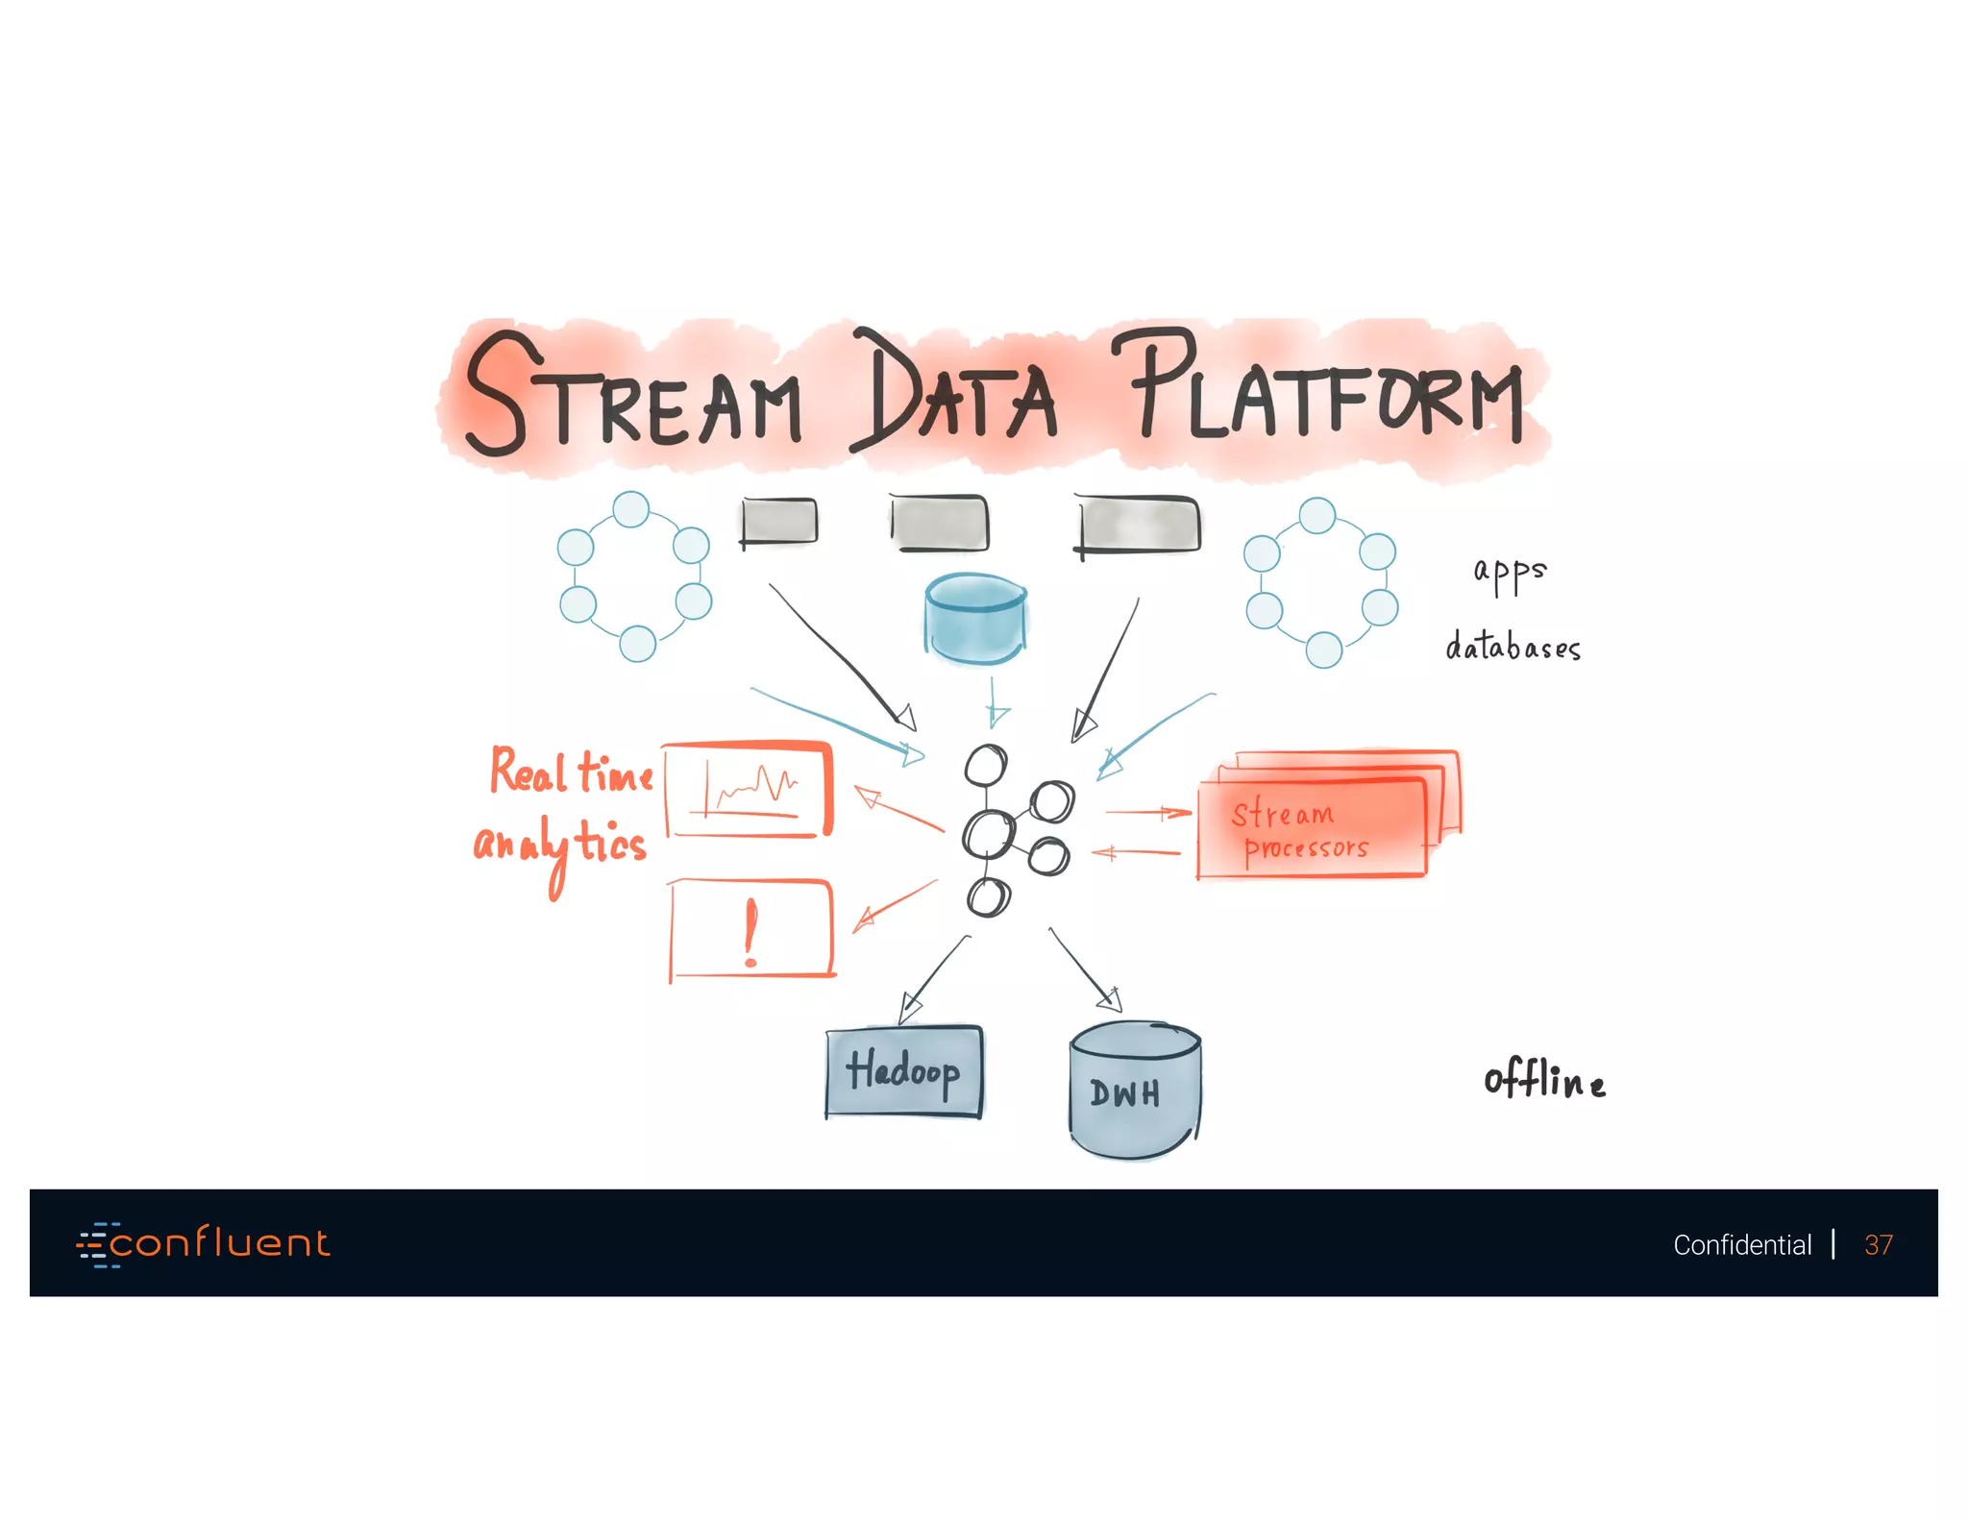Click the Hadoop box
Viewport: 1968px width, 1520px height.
(x=903, y=1071)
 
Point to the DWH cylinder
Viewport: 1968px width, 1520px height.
(x=1135, y=1091)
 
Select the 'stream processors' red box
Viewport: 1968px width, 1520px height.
(x=1312, y=828)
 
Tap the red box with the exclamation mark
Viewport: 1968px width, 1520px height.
(x=750, y=930)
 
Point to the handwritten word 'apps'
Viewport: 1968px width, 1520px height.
(x=1510, y=573)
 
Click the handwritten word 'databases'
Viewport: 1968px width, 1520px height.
(x=1513, y=647)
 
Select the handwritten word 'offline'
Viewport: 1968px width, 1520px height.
(x=1544, y=1080)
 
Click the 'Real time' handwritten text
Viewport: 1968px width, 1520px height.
(x=572, y=772)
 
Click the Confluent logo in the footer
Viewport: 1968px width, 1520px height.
(x=204, y=1244)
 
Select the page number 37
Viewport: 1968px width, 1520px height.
(x=1878, y=1245)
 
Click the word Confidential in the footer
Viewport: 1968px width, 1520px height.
(x=1741, y=1245)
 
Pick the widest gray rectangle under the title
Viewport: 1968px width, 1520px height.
(x=1138, y=525)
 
